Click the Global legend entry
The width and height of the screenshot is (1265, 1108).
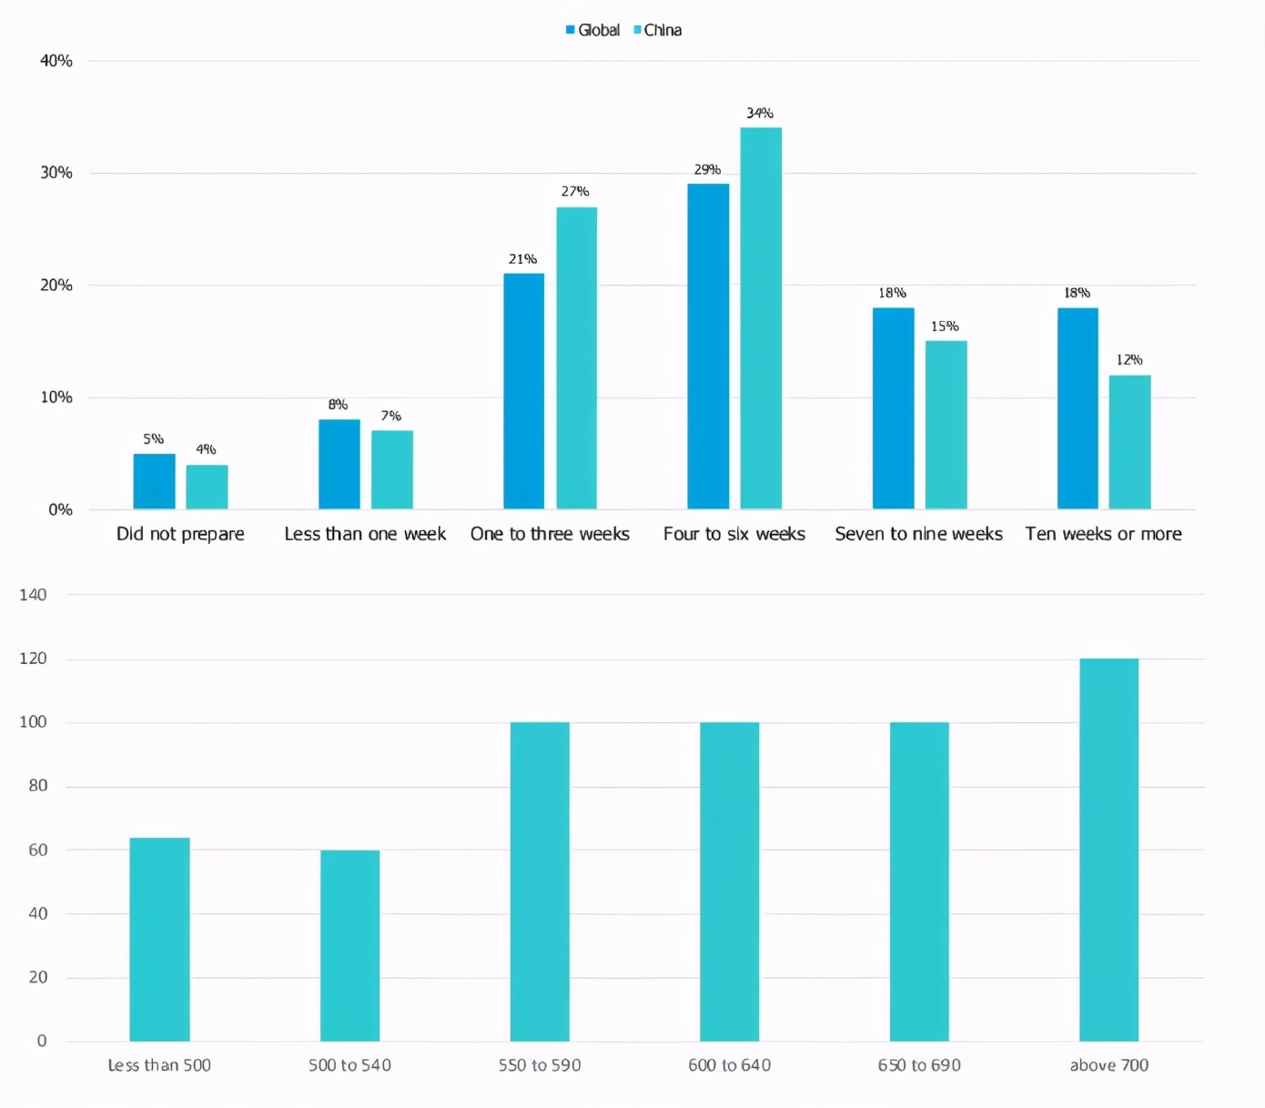click(x=592, y=30)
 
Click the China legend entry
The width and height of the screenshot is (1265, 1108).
click(x=657, y=30)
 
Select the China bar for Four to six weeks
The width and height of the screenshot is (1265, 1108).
click(x=761, y=317)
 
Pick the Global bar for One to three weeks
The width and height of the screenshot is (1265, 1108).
click(x=524, y=391)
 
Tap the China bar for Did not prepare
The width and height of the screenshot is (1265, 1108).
click(x=207, y=487)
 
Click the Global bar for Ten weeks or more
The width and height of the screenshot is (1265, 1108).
click(x=1078, y=408)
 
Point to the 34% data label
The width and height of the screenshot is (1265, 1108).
click(x=760, y=113)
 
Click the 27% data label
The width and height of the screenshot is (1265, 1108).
click(x=575, y=191)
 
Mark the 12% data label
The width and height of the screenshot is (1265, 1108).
click(x=1129, y=359)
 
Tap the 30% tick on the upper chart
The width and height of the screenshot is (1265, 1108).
click(x=56, y=173)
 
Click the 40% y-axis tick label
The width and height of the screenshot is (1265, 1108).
click(x=56, y=61)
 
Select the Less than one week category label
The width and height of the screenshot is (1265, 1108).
click(x=365, y=534)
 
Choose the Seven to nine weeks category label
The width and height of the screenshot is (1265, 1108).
click(x=918, y=534)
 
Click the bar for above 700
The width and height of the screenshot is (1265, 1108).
click(x=1108, y=850)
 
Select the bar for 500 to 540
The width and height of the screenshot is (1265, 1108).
click(x=349, y=945)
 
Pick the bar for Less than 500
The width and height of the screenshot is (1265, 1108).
click(x=159, y=939)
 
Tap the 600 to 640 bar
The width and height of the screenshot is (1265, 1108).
click(x=729, y=881)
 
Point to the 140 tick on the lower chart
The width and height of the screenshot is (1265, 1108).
click(x=33, y=595)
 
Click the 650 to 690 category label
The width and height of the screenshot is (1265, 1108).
click(x=919, y=1065)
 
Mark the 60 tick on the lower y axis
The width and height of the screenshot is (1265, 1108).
click(x=37, y=850)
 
